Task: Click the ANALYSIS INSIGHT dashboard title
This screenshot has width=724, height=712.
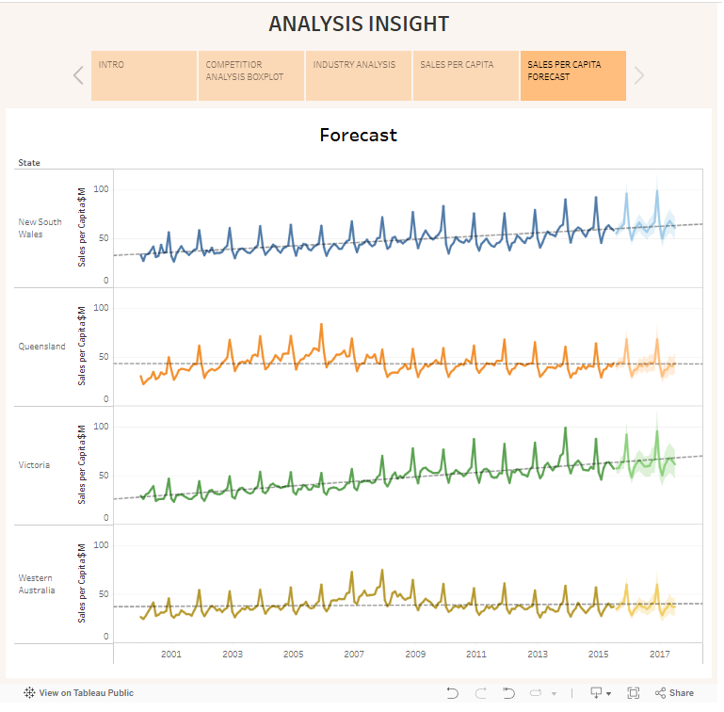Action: [x=359, y=24]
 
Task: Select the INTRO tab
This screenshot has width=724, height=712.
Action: [x=144, y=75]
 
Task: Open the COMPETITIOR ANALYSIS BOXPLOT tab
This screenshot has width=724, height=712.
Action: [x=251, y=75]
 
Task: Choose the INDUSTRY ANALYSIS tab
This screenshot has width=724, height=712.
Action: [x=359, y=75]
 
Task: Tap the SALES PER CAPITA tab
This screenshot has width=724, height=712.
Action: [x=466, y=75]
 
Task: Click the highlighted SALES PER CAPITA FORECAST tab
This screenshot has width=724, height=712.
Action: [x=572, y=75]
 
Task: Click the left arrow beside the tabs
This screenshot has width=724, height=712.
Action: [x=78, y=75]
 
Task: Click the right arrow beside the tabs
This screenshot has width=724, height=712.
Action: [x=639, y=75]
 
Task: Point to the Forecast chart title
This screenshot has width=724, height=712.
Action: [x=358, y=135]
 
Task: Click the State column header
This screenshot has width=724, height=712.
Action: [x=29, y=163]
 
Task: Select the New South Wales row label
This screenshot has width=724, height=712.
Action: [x=40, y=228]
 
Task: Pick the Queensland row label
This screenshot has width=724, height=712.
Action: [x=42, y=347]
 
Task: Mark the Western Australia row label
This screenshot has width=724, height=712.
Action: [x=37, y=584]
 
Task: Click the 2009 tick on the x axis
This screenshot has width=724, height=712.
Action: [x=415, y=654]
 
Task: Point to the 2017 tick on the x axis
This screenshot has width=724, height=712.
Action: [x=659, y=654]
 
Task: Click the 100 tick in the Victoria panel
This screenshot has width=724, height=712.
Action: [x=101, y=427]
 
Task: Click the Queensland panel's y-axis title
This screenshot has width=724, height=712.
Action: [x=82, y=347]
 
